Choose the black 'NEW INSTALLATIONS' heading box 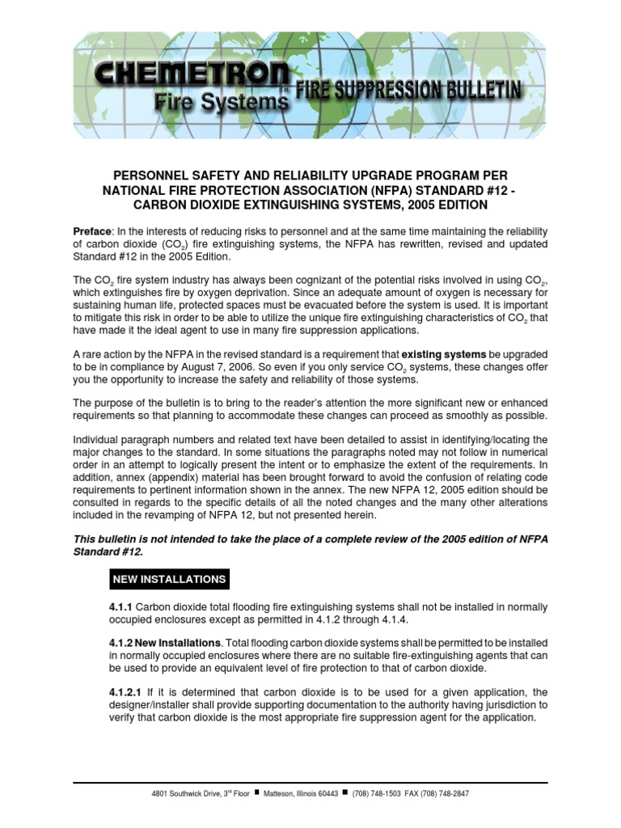click(x=169, y=579)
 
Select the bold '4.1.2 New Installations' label click(x=165, y=642)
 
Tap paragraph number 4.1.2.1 click(x=127, y=691)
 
